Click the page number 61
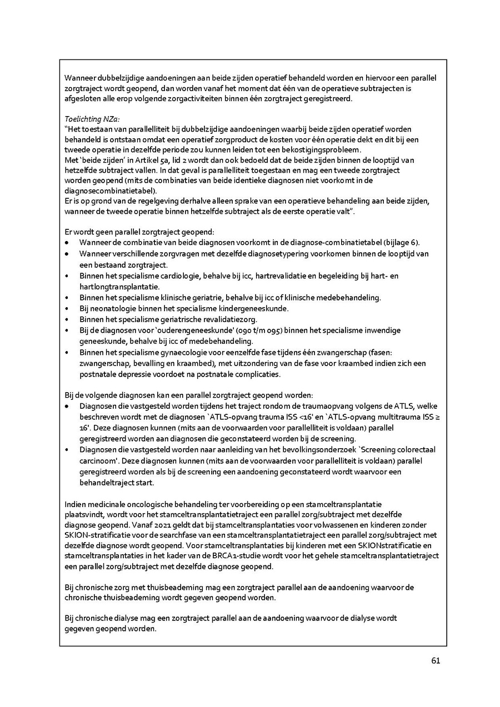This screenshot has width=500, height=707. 436,661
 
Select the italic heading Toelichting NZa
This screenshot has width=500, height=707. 92,119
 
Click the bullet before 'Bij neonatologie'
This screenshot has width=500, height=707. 67,308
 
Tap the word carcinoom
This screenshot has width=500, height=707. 98,461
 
